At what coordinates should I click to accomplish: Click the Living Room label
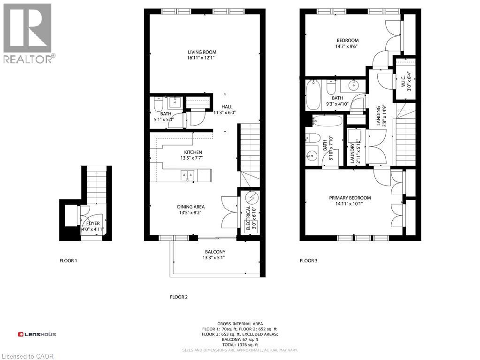point(202,52)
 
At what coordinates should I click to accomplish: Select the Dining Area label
point(190,207)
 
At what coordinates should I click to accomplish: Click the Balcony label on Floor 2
point(215,252)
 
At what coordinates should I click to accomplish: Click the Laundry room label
point(352,147)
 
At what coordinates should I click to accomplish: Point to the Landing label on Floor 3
point(378,116)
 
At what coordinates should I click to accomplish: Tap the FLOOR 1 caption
point(68,260)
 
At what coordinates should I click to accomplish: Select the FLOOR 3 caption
point(308,260)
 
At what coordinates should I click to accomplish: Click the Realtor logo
point(28,33)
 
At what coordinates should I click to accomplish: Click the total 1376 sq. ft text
point(240,345)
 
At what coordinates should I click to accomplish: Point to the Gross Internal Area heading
point(239,324)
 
